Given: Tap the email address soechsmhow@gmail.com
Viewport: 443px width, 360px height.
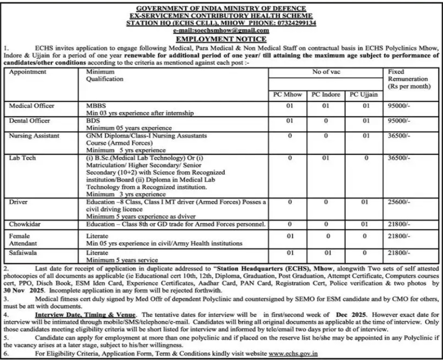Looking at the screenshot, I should (221, 30).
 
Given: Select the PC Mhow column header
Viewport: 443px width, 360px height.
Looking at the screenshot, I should (288, 95).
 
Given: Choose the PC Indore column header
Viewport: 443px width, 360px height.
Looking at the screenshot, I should (326, 95).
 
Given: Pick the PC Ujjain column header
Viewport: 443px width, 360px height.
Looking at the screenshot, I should (363, 95).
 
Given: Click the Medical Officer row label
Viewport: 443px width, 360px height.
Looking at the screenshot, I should (32, 105).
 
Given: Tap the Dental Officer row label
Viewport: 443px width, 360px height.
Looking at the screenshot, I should (29, 121).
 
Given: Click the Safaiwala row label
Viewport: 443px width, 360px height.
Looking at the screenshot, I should (24, 253).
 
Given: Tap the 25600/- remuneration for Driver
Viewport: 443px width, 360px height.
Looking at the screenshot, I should (399, 202).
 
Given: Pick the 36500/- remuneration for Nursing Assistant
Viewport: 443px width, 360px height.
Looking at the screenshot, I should (399, 136).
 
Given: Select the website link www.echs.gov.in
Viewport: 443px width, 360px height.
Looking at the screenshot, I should (293, 353).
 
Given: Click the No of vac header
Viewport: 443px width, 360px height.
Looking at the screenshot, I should (326, 72).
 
